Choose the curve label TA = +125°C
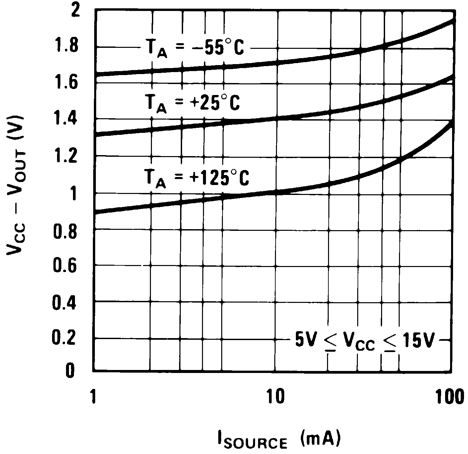click(197, 178)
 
